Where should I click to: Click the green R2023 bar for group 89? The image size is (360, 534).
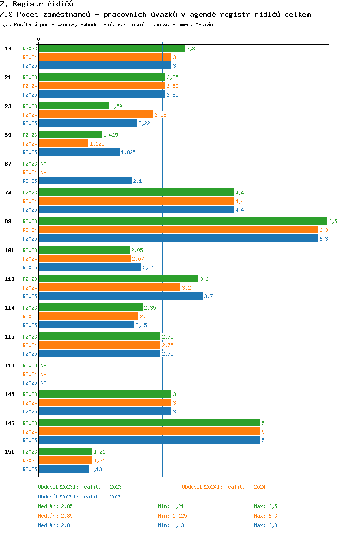pyautogui.click(x=183, y=221)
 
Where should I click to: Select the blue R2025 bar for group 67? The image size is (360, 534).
pyautogui.click(x=85, y=181)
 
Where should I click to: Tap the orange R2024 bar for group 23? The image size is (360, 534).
pyautogui.click(x=96, y=114)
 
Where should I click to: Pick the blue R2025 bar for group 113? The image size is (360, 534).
pyautogui.click(x=121, y=296)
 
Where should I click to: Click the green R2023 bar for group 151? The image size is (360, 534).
pyautogui.click(x=66, y=451)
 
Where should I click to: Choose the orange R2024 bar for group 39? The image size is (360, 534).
pyautogui.click(x=64, y=144)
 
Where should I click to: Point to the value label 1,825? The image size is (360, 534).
pyautogui.click(x=128, y=152)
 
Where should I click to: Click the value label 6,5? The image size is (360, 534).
pyautogui.click(x=333, y=221)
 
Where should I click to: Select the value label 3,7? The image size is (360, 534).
pyautogui.click(x=209, y=296)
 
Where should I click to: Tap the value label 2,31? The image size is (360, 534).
pyautogui.click(x=148, y=267)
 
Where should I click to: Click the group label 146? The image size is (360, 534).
pyautogui.click(x=10, y=423)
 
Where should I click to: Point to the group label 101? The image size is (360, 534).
pyautogui.click(x=10, y=250)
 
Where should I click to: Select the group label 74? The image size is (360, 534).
pyautogui.click(x=8, y=193)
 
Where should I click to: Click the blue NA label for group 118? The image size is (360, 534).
pyautogui.click(x=44, y=383)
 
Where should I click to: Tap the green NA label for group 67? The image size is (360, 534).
pyautogui.click(x=44, y=164)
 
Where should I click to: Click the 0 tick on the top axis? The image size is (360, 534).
pyautogui.click(x=39, y=39)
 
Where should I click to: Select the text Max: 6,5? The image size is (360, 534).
pyautogui.click(x=265, y=506)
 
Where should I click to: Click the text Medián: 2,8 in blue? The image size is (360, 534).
pyautogui.click(x=54, y=525)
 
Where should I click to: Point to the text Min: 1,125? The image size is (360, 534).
pyautogui.click(x=172, y=516)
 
